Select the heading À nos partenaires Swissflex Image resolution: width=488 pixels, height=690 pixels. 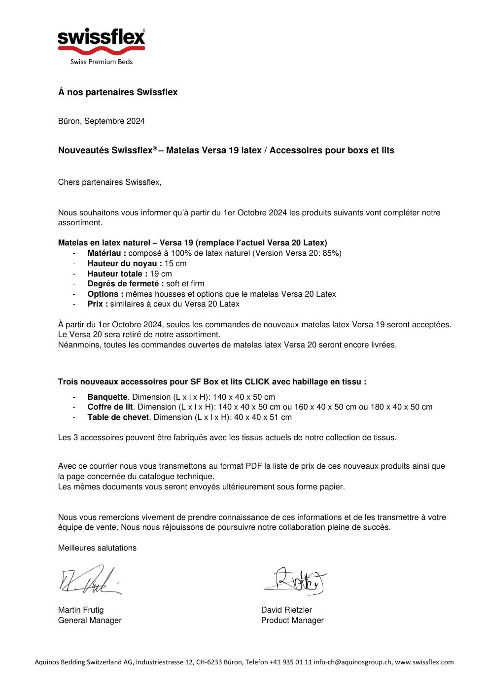[x=118, y=92]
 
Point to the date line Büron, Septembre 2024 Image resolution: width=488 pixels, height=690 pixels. [x=102, y=121]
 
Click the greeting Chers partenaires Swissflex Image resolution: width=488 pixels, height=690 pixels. [x=110, y=182]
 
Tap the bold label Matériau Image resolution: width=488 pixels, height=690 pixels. [x=106, y=253]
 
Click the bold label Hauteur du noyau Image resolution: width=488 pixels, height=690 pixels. [x=125, y=264]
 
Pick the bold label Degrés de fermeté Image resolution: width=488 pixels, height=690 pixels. [x=126, y=284]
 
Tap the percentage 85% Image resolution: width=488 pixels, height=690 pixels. [x=331, y=253]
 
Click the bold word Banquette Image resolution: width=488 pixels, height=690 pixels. [x=107, y=397]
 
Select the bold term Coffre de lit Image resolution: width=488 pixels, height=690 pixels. [x=110, y=407]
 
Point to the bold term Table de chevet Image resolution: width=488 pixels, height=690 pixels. [x=118, y=417]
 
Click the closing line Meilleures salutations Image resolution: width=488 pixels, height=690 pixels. [x=97, y=548]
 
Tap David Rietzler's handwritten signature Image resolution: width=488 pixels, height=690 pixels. [x=296, y=581]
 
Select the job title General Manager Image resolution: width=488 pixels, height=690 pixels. [x=90, y=621]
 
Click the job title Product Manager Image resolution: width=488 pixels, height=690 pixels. [x=292, y=621]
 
